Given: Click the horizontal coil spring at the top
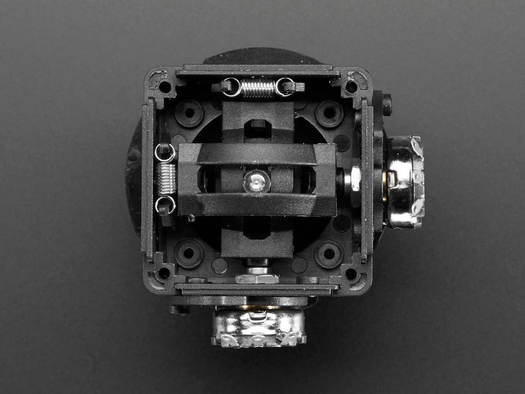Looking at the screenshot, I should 257,88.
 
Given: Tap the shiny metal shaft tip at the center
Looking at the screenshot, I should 256,182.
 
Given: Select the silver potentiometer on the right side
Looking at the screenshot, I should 405,182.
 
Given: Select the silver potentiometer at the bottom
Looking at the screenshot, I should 258,327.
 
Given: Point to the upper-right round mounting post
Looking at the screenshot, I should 329,112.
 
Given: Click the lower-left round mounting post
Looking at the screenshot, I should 188,254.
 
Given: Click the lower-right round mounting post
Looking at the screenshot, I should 329,254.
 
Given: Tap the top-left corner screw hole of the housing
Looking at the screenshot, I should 165,87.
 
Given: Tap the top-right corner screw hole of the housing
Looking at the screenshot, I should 351,86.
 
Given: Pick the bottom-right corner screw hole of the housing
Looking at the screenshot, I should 351,274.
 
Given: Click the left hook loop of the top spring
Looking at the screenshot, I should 232,87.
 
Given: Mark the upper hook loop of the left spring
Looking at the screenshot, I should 165,153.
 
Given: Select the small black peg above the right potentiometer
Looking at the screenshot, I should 387,105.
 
